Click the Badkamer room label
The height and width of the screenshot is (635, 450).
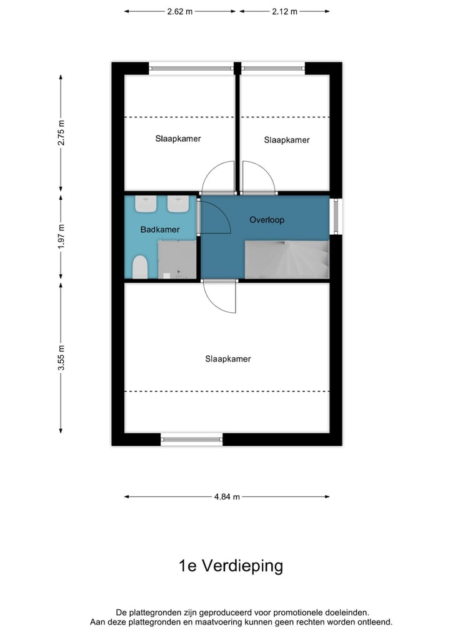(x=160, y=230)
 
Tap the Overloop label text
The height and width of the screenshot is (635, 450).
(x=267, y=220)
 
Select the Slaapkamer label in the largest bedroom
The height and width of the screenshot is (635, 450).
(x=228, y=359)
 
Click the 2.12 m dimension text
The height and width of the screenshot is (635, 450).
(x=285, y=11)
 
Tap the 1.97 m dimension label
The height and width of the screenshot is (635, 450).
(x=61, y=237)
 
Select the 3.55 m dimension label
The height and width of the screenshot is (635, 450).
(x=61, y=358)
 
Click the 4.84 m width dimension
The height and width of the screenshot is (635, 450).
(x=227, y=497)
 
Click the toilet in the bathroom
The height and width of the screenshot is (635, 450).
(x=140, y=267)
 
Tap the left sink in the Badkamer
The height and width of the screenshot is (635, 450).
(x=147, y=204)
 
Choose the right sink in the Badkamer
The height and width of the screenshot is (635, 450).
(x=178, y=204)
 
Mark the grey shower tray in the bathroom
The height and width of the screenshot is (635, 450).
(x=177, y=260)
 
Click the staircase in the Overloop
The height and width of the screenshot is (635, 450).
(x=287, y=259)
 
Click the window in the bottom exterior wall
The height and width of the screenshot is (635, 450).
(x=192, y=440)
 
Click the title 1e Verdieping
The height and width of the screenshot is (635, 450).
(x=231, y=566)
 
